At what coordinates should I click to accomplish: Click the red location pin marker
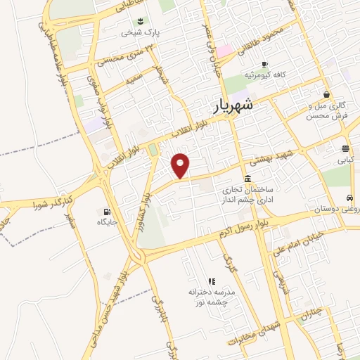pyautogui.click(x=181, y=165)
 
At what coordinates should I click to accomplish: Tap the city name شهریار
pyautogui.click(x=233, y=107)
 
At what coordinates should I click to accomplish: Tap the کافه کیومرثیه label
pyautogui.click(x=264, y=74)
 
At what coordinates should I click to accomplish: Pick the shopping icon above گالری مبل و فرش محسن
pyautogui.click(x=326, y=94)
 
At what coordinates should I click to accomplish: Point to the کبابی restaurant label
pyautogui.click(x=345, y=160)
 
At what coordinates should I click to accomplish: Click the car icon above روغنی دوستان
pyautogui.click(x=349, y=198)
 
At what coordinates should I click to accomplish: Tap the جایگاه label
pyautogui.click(x=110, y=222)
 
